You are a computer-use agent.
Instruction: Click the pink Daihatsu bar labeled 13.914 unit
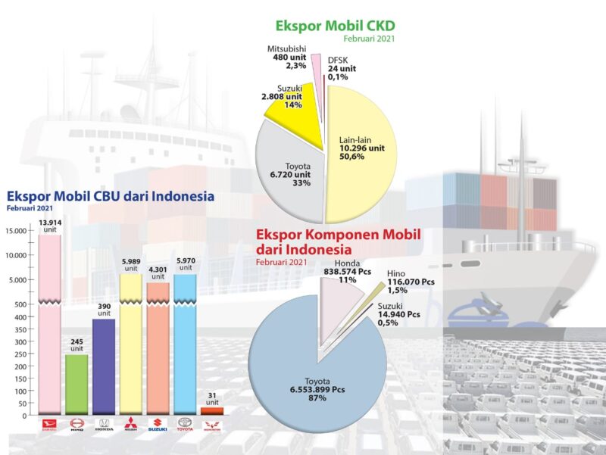[x=49, y=326]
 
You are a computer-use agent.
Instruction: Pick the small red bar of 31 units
[x=212, y=410]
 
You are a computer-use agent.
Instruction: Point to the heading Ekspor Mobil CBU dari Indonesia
[x=111, y=196]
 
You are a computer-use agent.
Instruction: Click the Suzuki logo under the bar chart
[x=158, y=425]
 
